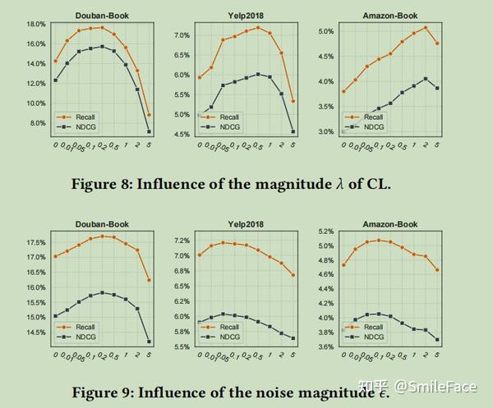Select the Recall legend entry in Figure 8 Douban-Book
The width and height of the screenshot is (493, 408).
85,118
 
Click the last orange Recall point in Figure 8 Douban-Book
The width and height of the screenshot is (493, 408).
149,115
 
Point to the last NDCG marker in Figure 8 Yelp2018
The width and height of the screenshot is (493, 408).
293,131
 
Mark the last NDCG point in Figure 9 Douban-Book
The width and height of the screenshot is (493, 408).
149,342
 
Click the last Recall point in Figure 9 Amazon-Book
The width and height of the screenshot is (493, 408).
437,269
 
